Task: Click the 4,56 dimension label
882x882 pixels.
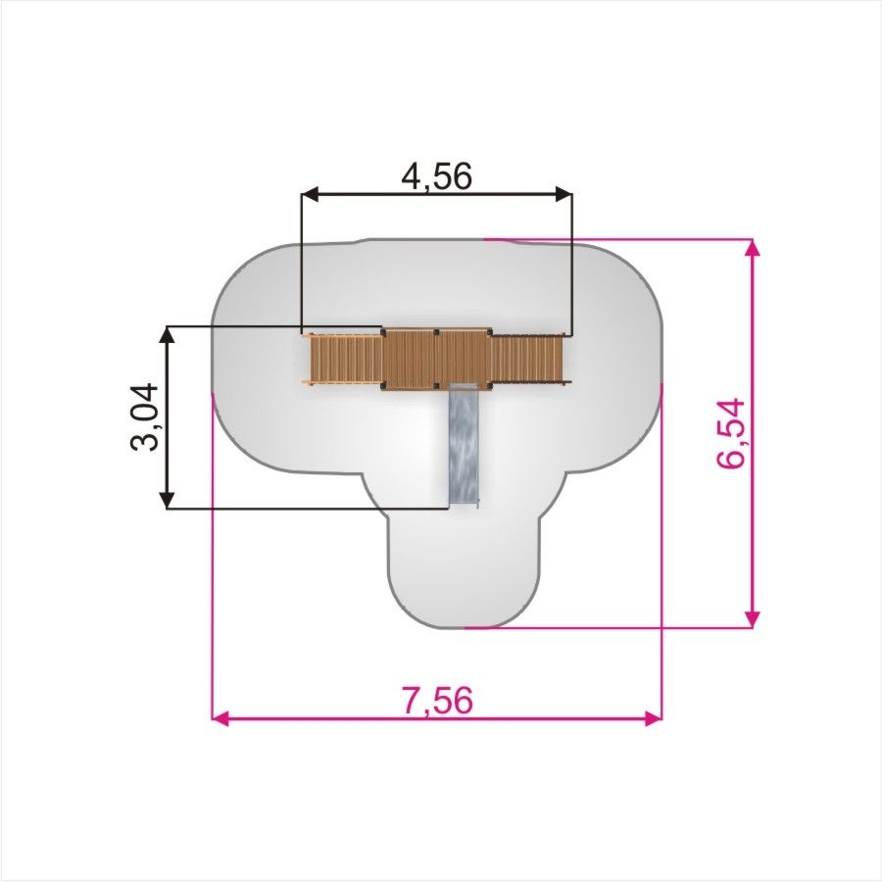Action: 436,176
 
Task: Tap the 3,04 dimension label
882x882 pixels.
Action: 144,416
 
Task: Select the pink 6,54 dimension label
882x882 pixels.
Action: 731,433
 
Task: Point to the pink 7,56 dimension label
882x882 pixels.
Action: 438,701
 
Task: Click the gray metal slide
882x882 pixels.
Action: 465,446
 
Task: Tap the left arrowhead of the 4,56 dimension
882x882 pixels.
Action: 311,195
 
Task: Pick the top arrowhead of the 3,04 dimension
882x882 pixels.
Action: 167,335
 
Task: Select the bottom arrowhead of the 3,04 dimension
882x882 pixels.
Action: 167,500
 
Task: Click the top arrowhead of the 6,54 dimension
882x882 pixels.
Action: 752,248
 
